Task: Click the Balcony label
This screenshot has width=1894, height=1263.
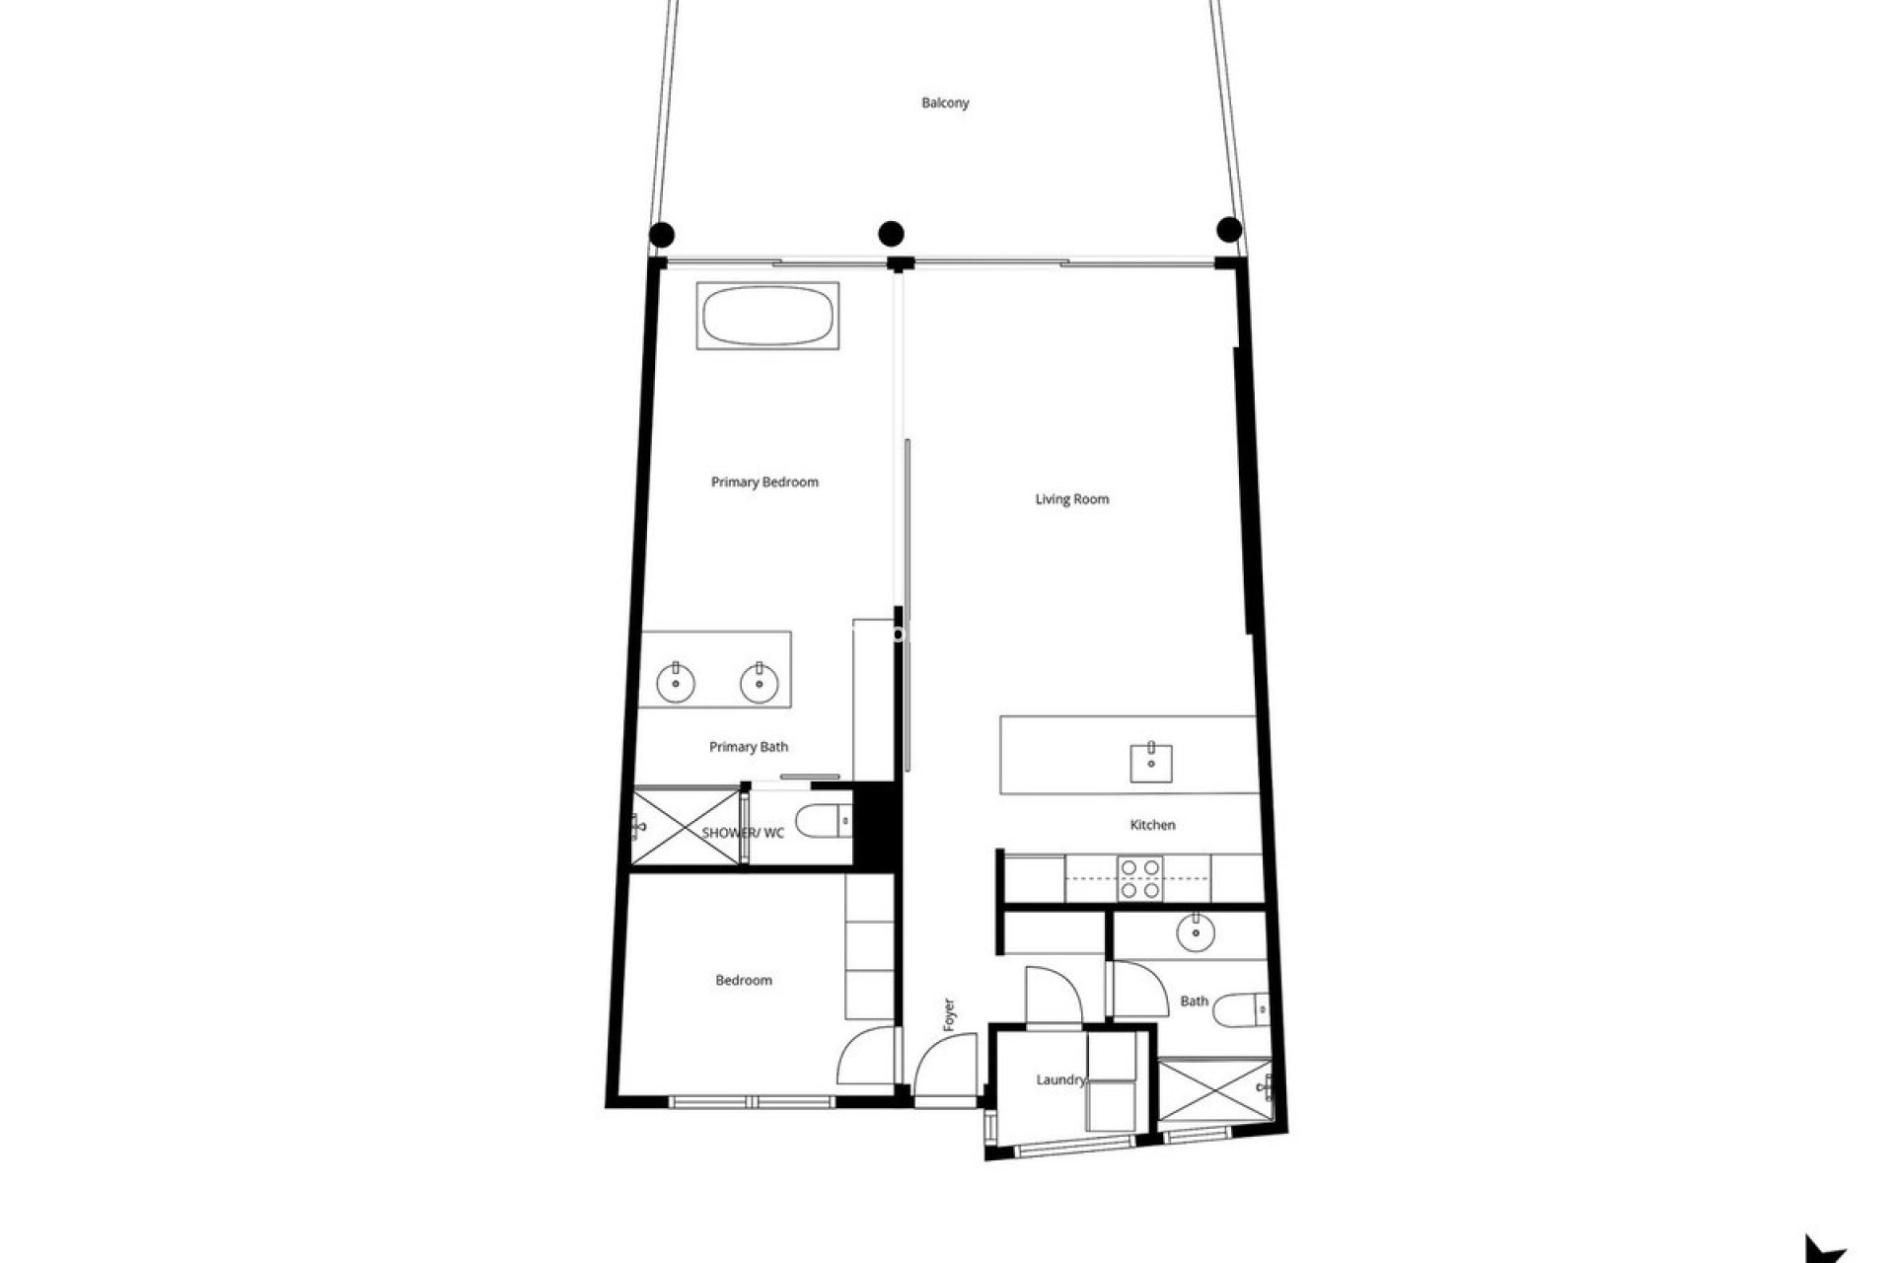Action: (945, 103)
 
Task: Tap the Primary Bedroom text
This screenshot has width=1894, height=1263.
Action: (765, 483)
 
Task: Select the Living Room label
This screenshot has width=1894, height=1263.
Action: (1071, 499)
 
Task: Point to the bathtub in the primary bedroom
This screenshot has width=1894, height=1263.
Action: (768, 316)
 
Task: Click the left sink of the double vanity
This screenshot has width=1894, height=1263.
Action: (676, 683)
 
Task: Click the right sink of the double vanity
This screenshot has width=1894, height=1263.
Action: (760, 683)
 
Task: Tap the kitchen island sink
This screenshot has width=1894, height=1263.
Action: (1151, 762)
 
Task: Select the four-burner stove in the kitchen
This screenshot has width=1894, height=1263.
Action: (1139, 878)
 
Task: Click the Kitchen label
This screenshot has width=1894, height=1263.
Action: (1152, 825)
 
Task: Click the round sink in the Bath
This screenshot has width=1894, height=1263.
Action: (1196, 931)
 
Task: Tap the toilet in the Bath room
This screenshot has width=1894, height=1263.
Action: (1241, 1009)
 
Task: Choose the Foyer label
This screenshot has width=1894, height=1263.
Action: (949, 1015)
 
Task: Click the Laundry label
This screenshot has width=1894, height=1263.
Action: (1060, 1079)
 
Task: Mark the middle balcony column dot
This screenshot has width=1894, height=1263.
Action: (891, 234)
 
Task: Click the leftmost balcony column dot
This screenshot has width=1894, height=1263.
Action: (662, 235)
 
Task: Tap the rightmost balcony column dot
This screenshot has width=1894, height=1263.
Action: (1229, 230)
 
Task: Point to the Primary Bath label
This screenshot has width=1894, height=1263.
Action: (749, 747)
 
